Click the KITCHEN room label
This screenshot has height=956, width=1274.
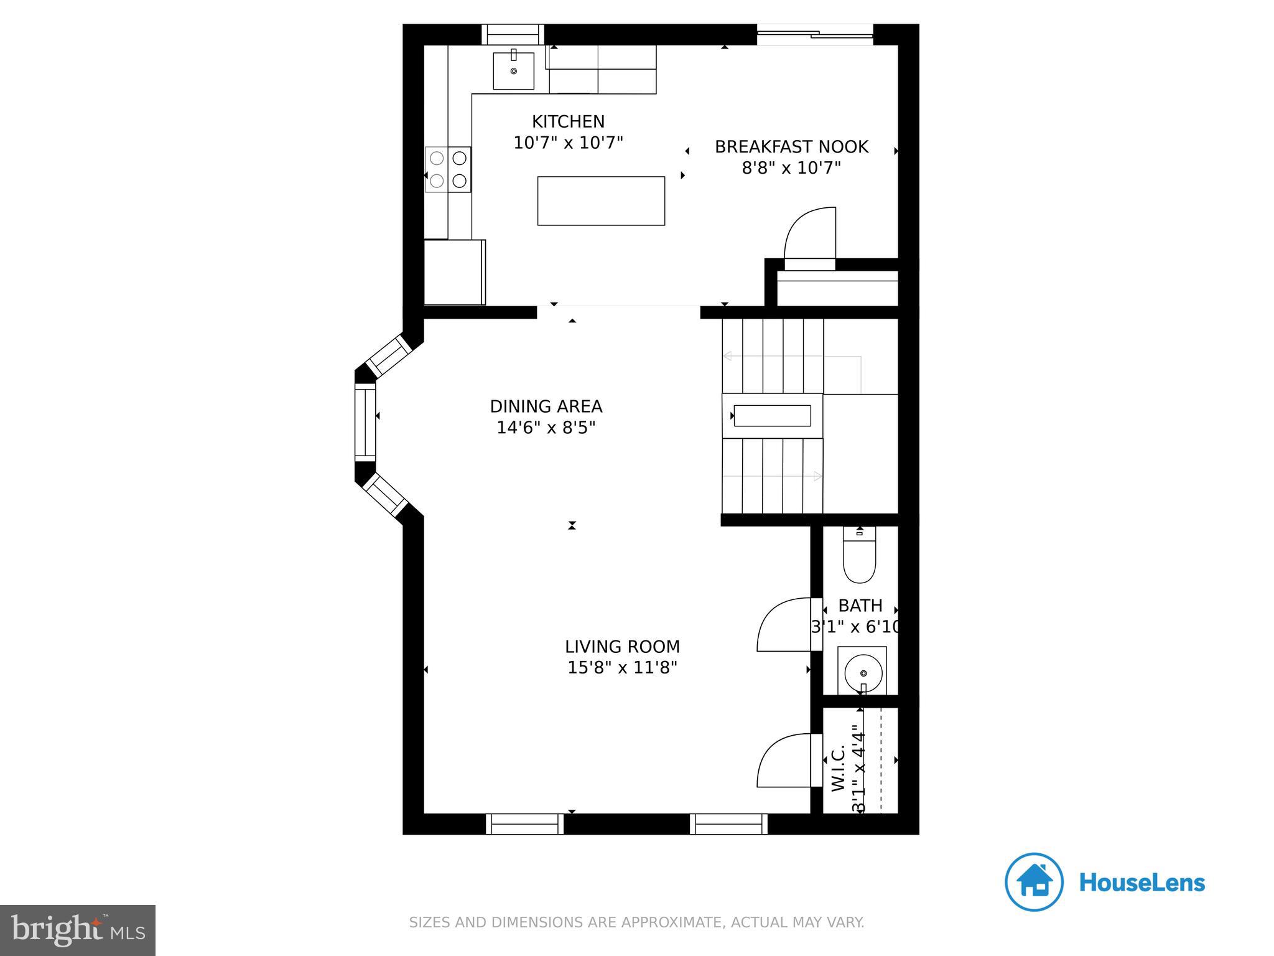[568, 121]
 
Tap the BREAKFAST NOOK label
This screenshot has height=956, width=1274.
[791, 147]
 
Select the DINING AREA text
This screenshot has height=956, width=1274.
[546, 406]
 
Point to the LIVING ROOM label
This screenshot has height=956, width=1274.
[622, 647]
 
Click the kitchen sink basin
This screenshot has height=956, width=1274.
[513, 71]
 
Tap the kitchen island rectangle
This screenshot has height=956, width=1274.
[601, 200]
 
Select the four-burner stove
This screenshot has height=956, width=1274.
[448, 169]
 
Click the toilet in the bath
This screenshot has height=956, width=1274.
[859, 556]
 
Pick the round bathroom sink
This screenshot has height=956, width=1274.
[863, 673]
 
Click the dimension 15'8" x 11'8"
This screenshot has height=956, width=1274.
[622, 668]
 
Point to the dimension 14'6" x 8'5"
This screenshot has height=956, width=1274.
[546, 428]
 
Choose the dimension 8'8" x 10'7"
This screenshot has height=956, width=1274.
[791, 168]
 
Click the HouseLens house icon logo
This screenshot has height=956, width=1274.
[1033, 882]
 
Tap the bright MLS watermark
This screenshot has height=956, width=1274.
[78, 930]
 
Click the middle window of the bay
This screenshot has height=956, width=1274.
[365, 421]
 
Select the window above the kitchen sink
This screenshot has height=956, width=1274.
[513, 34]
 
